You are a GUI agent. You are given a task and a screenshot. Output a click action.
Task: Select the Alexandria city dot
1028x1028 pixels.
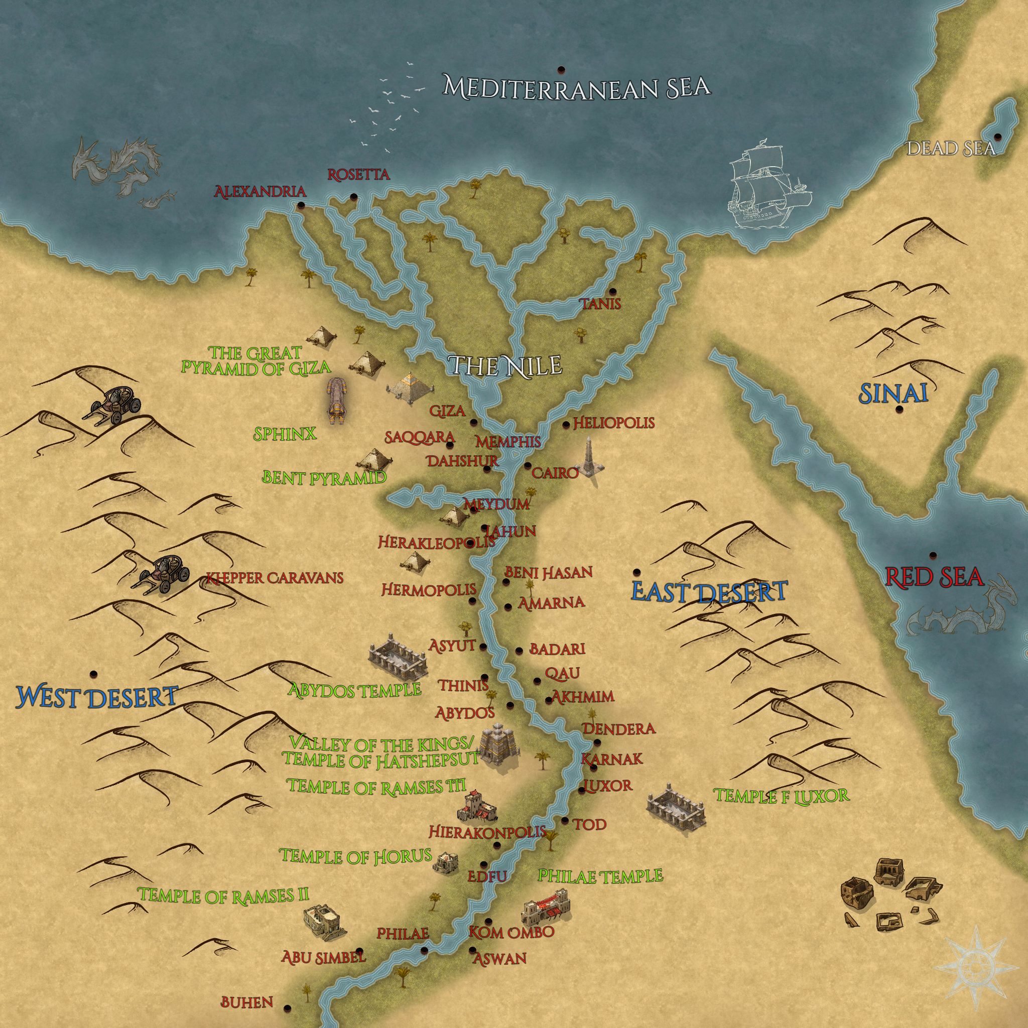(302, 205)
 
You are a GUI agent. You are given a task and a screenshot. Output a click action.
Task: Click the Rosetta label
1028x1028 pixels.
(358, 175)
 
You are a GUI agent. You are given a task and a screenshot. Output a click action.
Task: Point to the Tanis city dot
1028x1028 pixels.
(612, 291)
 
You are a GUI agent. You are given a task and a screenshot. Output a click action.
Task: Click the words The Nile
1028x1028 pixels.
(505, 365)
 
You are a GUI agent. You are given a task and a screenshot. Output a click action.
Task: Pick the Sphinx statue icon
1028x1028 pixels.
(337, 401)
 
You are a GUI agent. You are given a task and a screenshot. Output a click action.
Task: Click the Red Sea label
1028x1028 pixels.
(933, 576)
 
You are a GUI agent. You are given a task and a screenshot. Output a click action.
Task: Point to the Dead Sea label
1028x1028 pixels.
(950, 149)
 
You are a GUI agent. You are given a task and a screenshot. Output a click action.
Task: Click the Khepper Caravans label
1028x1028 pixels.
(275, 578)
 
